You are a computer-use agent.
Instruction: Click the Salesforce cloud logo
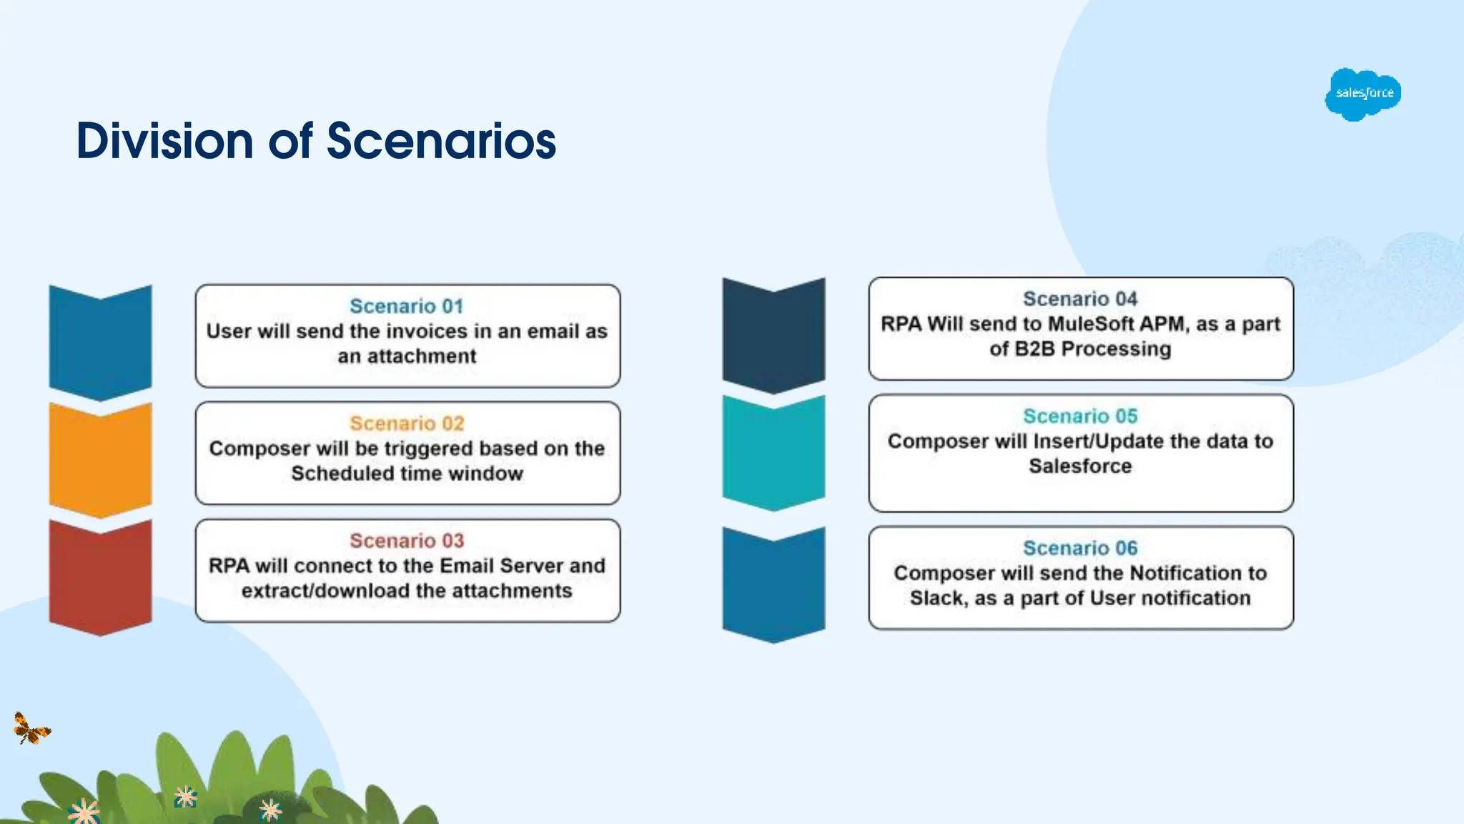[1362, 94]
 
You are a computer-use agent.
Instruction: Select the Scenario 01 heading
[407, 306]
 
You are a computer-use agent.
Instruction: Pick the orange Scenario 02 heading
[407, 423]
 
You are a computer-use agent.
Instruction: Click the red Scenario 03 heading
[407, 541]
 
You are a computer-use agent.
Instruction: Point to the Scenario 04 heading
[1080, 299]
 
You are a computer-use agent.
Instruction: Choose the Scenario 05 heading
[1080, 416]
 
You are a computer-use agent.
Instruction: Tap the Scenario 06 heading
[1080, 548]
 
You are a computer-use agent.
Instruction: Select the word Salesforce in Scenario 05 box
[1080, 466]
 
